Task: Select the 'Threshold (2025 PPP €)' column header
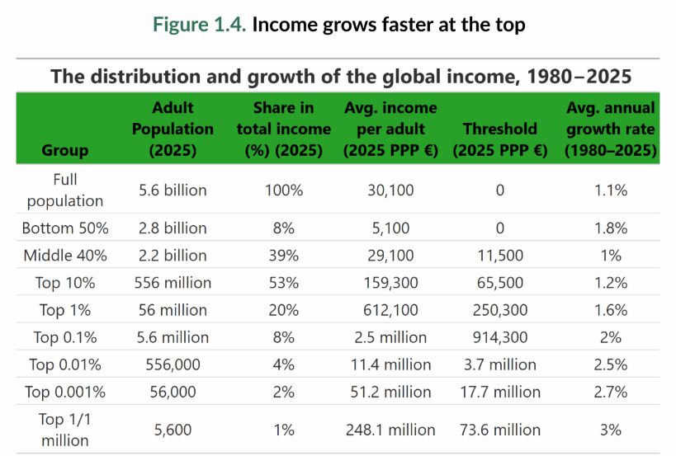pos(500,139)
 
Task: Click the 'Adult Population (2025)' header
pos(173,129)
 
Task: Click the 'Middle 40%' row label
pos(65,256)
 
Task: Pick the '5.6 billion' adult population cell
pos(173,190)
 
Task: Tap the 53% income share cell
pos(283,283)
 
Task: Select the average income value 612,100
pos(390,310)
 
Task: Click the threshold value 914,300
pos(500,337)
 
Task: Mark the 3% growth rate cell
pos(610,430)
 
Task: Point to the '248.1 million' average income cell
pos(390,430)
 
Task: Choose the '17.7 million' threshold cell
pos(500,392)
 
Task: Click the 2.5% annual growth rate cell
pos(610,364)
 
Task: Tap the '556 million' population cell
pos(173,283)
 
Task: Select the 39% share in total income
pos(283,256)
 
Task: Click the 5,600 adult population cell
pos(173,430)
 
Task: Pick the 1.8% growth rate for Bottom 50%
pos(610,228)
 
